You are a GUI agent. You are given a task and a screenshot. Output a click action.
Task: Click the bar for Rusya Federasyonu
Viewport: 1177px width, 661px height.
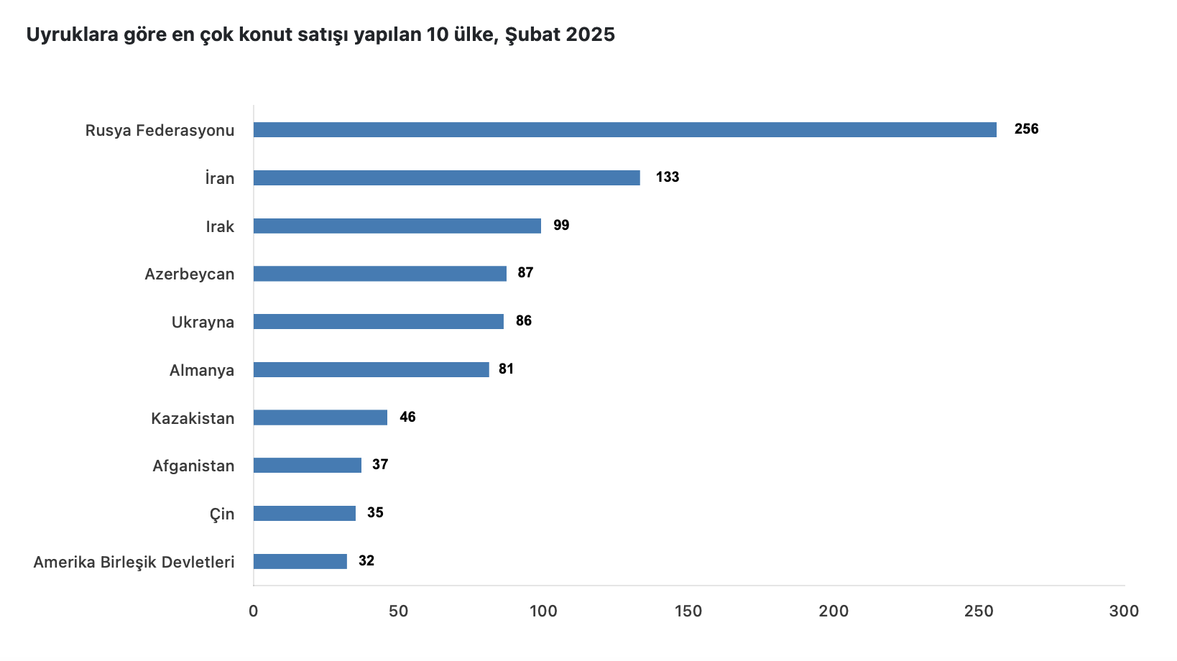(624, 130)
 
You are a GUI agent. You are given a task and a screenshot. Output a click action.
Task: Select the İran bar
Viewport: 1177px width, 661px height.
(446, 178)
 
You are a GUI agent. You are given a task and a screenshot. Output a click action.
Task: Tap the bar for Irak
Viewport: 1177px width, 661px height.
(397, 226)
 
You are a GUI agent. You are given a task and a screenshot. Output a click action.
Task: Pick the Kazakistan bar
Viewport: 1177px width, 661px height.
(320, 417)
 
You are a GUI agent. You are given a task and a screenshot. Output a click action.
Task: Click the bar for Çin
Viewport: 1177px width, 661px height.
(304, 513)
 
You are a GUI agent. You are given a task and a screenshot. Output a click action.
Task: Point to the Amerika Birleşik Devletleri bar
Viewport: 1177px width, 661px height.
(300, 561)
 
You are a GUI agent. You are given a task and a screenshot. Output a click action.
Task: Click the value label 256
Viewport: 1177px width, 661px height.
(1026, 129)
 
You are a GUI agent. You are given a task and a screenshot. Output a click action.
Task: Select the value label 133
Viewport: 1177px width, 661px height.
(667, 177)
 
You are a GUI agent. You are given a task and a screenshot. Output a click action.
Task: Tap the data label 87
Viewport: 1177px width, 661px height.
(525, 273)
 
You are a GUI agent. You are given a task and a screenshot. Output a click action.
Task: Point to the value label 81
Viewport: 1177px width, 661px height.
(506, 369)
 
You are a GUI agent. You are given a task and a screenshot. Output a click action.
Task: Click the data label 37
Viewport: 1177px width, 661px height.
(380, 465)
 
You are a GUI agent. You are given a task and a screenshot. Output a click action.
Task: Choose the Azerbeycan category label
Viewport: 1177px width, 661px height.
(189, 274)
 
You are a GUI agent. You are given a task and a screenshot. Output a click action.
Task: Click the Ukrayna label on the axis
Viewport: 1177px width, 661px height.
(203, 323)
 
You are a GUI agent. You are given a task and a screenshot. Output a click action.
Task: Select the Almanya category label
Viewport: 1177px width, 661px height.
(201, 371)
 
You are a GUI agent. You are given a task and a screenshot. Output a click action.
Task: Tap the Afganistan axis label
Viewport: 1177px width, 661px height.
(193, 466)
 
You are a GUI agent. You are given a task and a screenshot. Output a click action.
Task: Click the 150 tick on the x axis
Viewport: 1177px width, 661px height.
(688, 611)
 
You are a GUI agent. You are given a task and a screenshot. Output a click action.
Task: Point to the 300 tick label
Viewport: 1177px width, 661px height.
(1124, 611)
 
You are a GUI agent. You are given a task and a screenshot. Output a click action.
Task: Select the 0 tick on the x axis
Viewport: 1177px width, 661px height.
(254, 611)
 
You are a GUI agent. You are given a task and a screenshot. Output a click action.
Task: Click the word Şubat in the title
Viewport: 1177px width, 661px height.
(532, 34)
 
